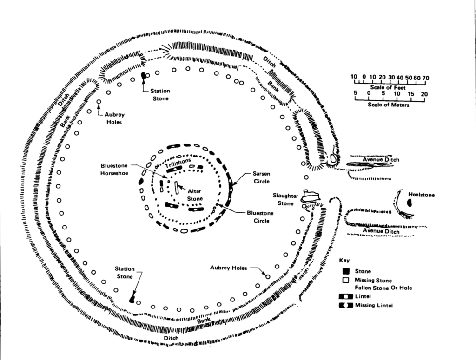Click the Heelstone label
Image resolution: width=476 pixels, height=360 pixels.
tap(422, 195)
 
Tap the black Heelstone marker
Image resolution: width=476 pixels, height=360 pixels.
tap(410, 203)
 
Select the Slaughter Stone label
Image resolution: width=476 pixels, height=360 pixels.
tap(285, 199)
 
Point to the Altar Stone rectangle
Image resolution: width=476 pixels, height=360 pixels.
tap(177, 188)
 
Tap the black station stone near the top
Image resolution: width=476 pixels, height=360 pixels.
tap(143, 76)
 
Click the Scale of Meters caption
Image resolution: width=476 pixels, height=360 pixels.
tap(388, 105)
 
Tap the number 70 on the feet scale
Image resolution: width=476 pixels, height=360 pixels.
tap(425, 77)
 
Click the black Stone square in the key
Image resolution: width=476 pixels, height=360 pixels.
tap(345, 271)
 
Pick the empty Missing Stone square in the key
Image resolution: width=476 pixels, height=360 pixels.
tap(345, 280)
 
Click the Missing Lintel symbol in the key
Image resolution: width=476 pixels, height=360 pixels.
tap(345, 305)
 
